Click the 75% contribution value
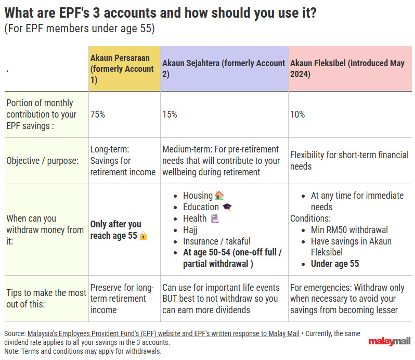click(x=98, y=114)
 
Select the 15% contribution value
click(x=170, y=114)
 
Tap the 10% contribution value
click(x=297, y=114)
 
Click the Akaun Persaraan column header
click(x=122, y=69)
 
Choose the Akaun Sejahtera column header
click(x=224, y=69)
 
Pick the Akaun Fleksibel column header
click(x=347, y=69)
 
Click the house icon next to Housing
click(x=219, y=196)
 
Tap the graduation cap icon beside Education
click(x=227, y=207)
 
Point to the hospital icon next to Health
click(x=215, y=218)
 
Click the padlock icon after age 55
click(x=143, y=235)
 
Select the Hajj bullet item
click(x=190, y=230)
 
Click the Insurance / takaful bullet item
click(x=217, y=241)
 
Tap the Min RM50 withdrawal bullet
click(x=349, y=230)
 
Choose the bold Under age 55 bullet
click(x=335, y=264)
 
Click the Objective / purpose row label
click(x=42, y=161)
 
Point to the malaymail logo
click(x=389, y=341)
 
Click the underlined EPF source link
click(x=163, y=333)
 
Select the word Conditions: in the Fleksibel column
click(x=310, y=218)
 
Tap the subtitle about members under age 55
click(x=80, y=29)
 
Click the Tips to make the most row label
click(x=46, y=299)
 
